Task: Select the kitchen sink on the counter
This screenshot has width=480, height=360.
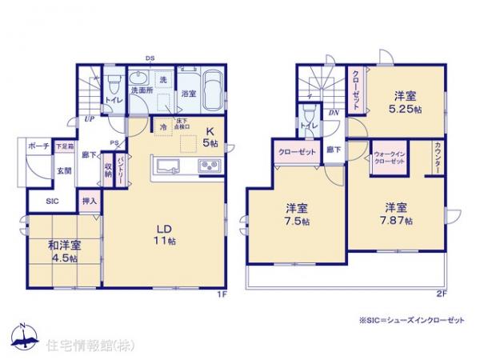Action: (168, 166)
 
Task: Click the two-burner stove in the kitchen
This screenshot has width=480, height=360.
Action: (209, 166)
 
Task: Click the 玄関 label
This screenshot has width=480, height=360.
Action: (63, 170)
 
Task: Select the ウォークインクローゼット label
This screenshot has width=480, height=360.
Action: (390, 157)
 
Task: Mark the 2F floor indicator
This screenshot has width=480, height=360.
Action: (440, 294)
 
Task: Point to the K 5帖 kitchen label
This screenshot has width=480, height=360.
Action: (210, 137)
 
